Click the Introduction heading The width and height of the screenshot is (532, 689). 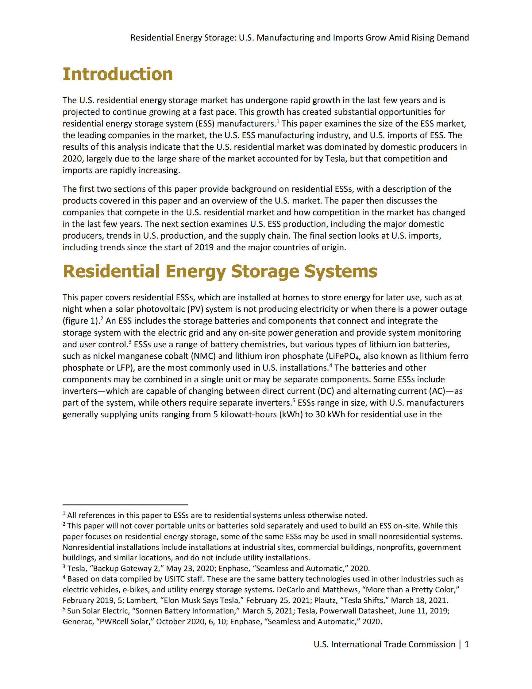point(118,74)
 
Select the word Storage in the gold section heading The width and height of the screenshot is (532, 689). point(265,271)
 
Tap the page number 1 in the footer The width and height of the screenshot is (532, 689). point(467,644)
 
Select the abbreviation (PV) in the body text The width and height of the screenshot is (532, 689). point(195,309)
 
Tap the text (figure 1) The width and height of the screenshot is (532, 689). point(81,321)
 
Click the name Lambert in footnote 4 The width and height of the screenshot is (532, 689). point(141,600)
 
